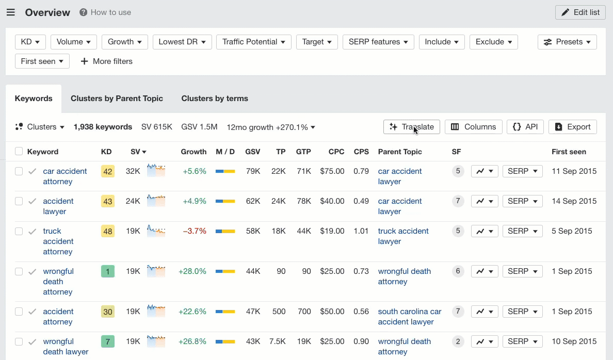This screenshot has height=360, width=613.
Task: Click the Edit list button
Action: (x=580, y=12)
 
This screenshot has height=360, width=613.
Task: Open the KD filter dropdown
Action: (x=30, y=42)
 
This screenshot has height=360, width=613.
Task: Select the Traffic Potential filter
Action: (x=253, y=42)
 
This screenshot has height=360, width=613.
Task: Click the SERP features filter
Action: (x=378, y=42)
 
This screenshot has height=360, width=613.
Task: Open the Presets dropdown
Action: (x=567, y=42)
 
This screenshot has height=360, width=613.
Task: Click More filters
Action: (x=106, y=61)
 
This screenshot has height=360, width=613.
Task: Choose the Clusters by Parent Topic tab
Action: (x=117, y=99)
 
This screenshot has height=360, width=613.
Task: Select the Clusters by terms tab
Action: (x=215, y=99)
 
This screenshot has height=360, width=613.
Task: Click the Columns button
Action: (x=473, y=127)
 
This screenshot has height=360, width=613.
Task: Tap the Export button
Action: (x=572, y=127)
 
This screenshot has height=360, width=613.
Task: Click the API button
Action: (x=525, y=127)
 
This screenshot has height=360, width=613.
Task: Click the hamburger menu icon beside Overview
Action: (x=11, y=12)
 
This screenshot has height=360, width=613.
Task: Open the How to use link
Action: (x=105, y=12)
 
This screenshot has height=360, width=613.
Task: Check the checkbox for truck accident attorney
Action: (x=19, y=232)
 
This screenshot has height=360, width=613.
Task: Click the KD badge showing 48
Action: (x=108, y=232)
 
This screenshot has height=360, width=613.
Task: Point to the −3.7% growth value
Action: (x=195, y=231)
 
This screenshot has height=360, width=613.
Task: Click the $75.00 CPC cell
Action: (x=332, y=171)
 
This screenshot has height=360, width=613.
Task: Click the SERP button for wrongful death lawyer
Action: (x=522, y=341)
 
